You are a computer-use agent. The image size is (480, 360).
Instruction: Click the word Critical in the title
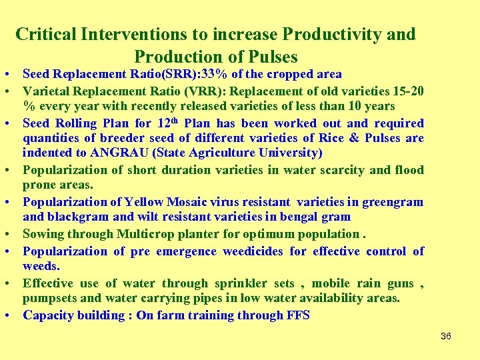point(44,34)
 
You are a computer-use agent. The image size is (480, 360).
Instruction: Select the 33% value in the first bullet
point(185,74)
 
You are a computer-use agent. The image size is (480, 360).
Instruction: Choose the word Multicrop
point(133,234)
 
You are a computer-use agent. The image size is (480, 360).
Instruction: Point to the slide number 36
point(446,337)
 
